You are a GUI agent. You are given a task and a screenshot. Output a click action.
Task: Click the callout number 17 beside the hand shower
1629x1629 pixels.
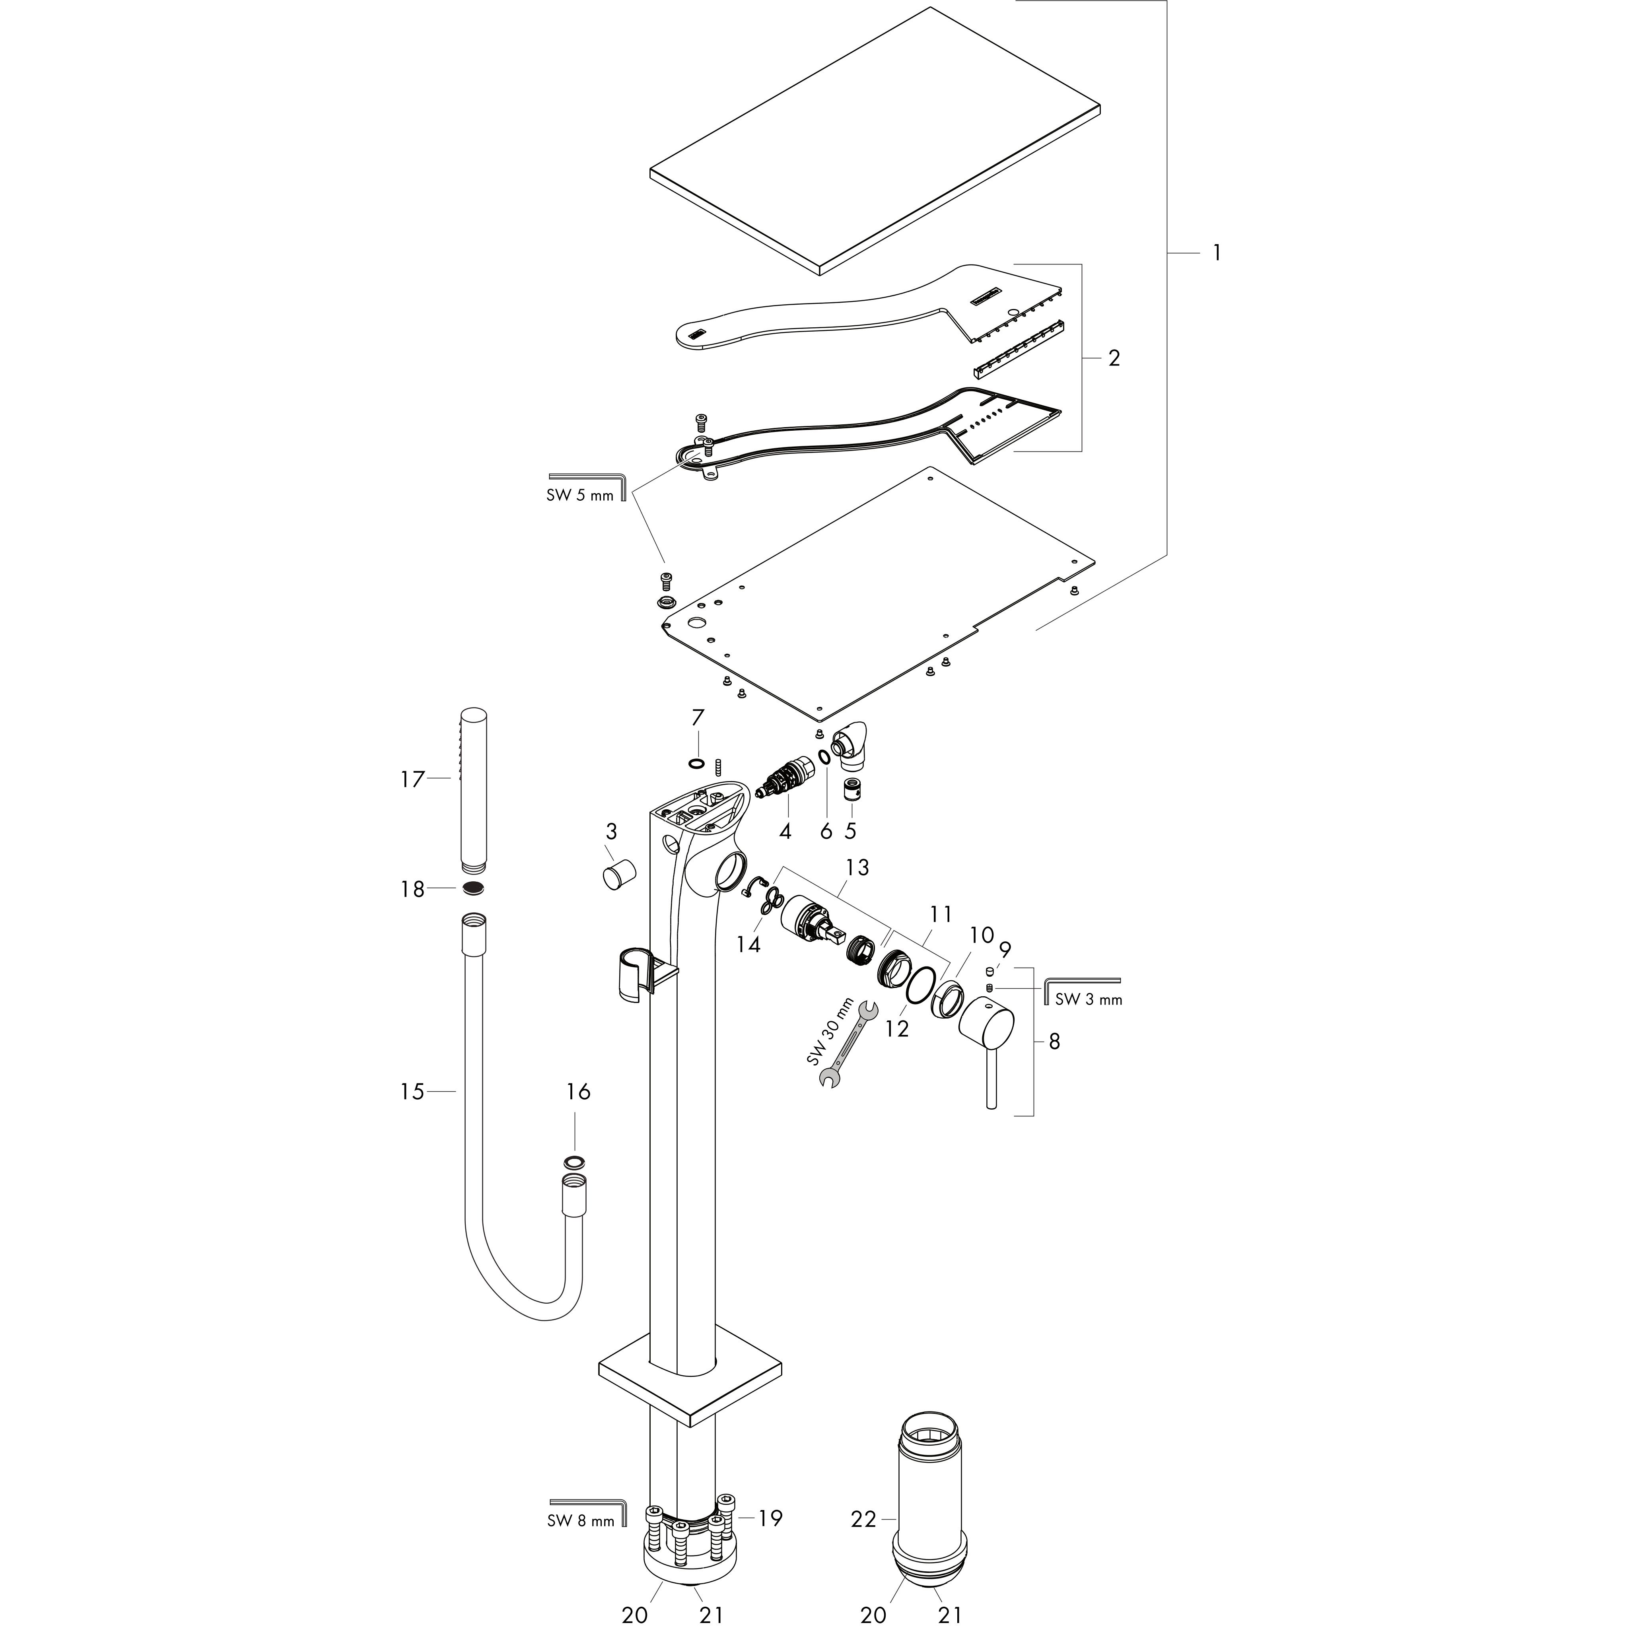pyautogui.click(x=412, y=780)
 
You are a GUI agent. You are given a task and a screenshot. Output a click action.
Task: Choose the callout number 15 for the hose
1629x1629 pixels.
pyautogui.click(x=412, y=1092)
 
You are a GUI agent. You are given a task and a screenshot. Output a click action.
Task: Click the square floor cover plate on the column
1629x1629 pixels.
pyautogui.click(x=690, y=1387)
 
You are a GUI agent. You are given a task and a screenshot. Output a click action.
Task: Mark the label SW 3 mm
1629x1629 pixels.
pyautogui.click(x=1089, y=1000)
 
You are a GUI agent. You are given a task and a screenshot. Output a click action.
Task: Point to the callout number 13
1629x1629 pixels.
pyautogui.click(x=857, y=868)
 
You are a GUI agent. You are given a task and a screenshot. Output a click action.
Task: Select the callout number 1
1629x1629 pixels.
pyautogui.click(x=1216, y=252)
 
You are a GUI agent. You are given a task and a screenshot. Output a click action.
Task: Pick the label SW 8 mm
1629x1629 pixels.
pyautogui.click(x=580, y=1545)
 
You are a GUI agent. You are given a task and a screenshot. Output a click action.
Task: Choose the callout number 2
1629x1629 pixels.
pyautogui.click(x=1114, y=358)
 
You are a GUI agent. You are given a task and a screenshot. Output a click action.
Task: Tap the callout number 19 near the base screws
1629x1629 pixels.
pyautogui.click(x=770, y=1542)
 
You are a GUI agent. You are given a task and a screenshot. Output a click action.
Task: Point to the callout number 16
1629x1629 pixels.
pyautogui.click(x=577, y=1092)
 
